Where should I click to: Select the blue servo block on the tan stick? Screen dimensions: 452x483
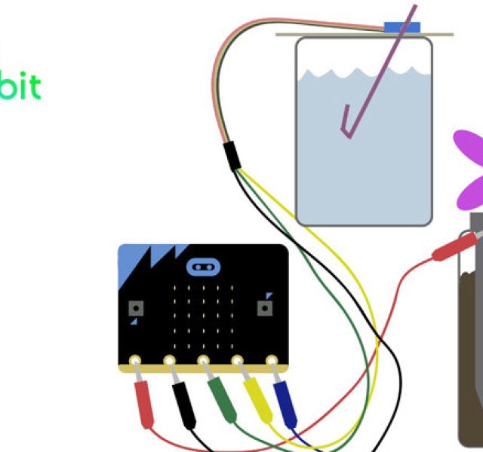(x=401, y=28)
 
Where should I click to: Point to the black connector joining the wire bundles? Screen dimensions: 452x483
(x=232, y=154)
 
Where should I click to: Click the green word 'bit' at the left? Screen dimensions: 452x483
(x=18, y=87)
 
